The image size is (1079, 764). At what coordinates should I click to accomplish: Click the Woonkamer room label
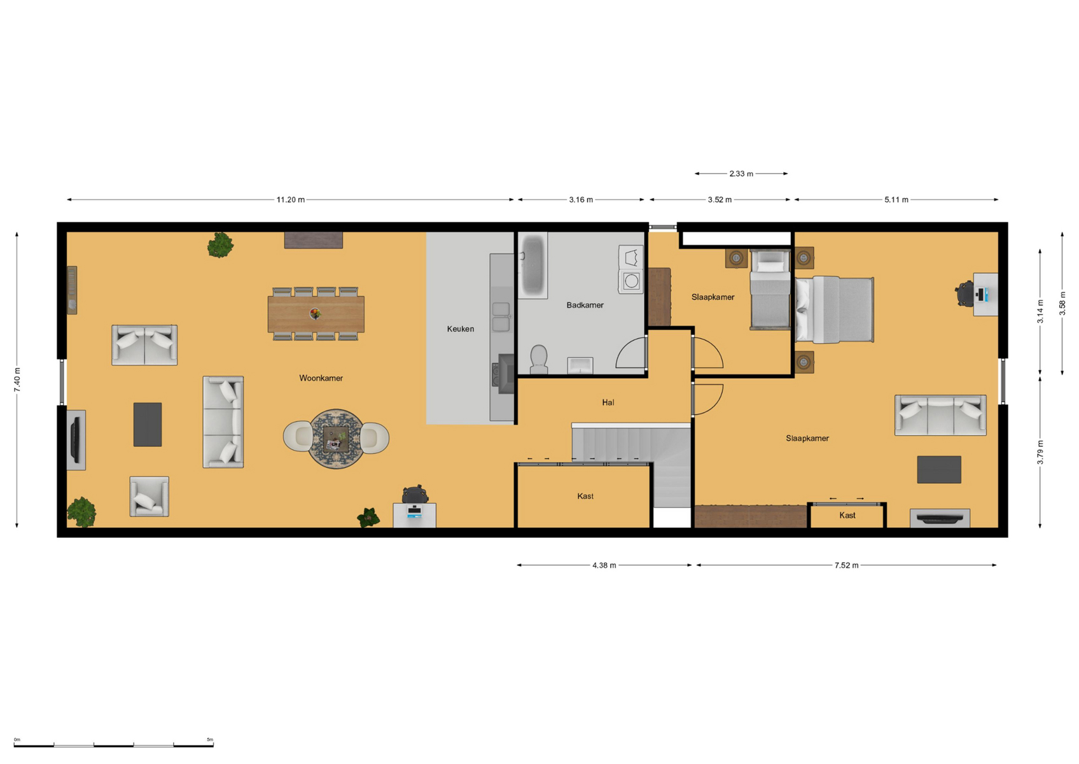tap(321, 378)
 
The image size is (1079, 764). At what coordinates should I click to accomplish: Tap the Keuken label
tap(461, 329)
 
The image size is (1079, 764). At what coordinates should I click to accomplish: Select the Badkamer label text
tap(585, 305)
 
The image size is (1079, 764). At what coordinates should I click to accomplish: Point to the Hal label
tap(608, 402)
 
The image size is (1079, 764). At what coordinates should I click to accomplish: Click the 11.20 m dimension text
tap(291, 199)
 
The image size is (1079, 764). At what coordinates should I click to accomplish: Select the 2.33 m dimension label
tap(741, 174)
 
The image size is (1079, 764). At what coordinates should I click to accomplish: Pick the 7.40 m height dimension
tap(17, 379)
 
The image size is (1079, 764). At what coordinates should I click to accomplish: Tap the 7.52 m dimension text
tap(846, 565)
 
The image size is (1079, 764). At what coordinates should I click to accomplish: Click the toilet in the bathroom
tap(538, 359)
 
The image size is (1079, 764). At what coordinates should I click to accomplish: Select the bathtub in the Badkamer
tap(533, 265)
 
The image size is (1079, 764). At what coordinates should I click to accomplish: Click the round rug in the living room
tap(336, 439)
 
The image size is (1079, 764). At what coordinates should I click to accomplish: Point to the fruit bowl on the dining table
tap(315, 314)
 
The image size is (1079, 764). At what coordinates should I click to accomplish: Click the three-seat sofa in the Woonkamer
tap(223, 422)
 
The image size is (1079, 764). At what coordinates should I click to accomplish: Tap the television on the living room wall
tap(75, 439)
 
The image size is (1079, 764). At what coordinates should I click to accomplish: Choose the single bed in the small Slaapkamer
tap(770, 290)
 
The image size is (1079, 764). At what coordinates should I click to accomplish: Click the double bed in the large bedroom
tap(834, 309)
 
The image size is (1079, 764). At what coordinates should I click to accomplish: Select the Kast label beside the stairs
tap(585, 497)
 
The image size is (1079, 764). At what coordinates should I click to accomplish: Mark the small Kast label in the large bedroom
tap(847, 516)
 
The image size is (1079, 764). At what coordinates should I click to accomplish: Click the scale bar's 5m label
tap(209, 739)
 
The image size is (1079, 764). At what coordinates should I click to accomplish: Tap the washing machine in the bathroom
tap(631, 281)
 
